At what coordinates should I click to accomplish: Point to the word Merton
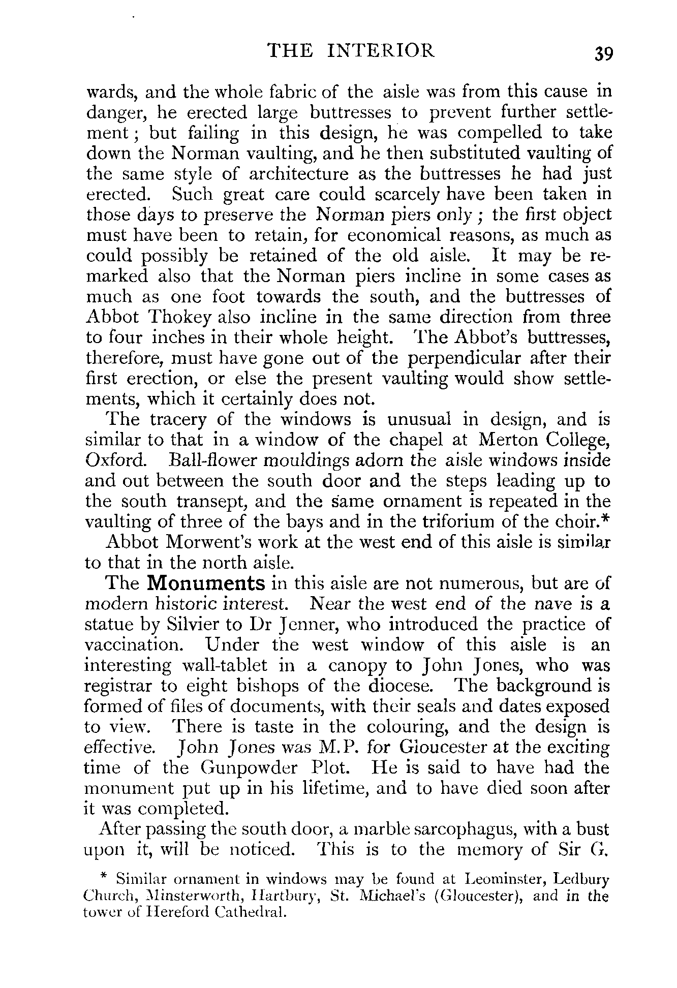click(x=513, y=440)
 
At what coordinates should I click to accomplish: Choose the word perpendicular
click(x=465, y=358)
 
